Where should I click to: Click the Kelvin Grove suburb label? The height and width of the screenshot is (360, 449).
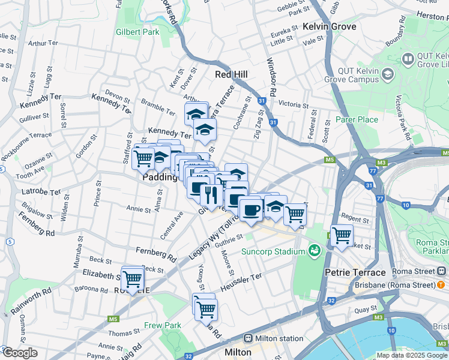(329, 26)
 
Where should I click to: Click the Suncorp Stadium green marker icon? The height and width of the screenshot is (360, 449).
(314, 250)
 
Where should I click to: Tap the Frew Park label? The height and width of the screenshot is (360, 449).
(163, 326)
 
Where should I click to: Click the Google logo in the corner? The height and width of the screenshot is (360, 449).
(19, 353)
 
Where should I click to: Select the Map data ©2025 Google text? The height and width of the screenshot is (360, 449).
(411, 355)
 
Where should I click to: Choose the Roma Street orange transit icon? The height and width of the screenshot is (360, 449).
(441, 284)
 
